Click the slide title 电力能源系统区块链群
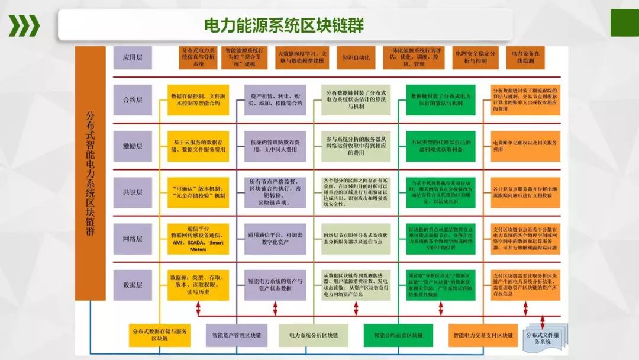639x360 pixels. (283, 25)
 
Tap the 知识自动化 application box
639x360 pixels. (356, 58)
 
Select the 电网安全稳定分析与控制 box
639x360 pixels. (471, 57)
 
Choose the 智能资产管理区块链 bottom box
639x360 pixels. (237, 335)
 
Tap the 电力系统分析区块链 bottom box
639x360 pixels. (314, 335)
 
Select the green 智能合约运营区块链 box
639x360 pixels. (398, 335)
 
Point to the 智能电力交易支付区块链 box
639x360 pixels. (483, 335)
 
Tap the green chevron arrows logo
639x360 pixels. (24, 25)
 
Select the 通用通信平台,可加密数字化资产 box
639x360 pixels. (275, 239)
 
